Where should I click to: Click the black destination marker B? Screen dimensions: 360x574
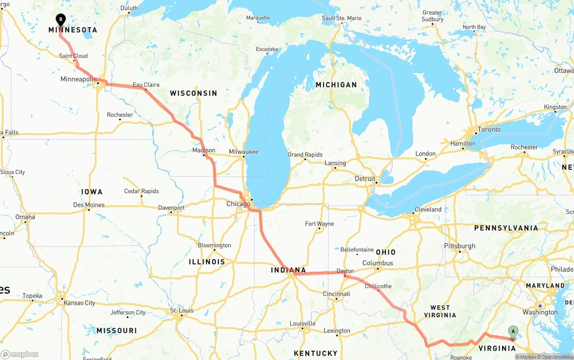(x=61, y=20)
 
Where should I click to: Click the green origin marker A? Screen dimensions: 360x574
(x=513, y=332)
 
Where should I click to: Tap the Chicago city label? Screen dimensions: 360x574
(x=238, y=204)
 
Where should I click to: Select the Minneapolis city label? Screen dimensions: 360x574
(x=78, y=79)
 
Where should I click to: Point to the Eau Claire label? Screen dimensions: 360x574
(x=146, y=85)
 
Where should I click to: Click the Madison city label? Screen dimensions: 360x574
(x=204, y=150)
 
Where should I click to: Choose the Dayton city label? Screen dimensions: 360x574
(x=345, y=271)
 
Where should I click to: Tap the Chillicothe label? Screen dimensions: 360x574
(x=378, y=286)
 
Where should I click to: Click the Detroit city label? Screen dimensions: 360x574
(x=365, y=178)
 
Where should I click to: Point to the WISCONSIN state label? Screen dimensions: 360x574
(x=193, y=93)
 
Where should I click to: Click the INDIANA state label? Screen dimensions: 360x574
(x=288, y=270)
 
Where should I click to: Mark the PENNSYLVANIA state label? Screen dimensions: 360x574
(x=506, y=228)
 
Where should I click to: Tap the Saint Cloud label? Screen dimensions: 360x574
(x=74, y=56)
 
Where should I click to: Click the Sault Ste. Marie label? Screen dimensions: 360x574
(x=341, y=18)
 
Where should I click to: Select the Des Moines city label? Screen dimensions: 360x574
(x=89, y=205)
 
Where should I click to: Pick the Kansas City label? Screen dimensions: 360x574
(x=79, y=303)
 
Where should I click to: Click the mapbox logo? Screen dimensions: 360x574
(x=20, y=354)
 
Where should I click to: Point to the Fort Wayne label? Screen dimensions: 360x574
(x=319, y=223)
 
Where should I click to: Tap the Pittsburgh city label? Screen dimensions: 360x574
(x=459, y=246)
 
